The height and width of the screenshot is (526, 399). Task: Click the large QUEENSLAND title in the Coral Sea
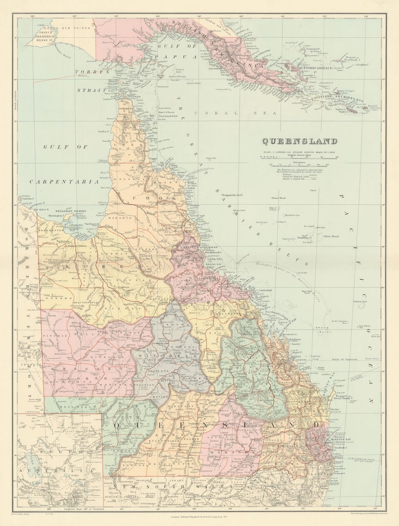[x=299, y=141]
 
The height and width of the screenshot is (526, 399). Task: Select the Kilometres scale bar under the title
[x=299, y=164]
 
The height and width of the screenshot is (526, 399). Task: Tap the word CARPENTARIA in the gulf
[x=64, y=182]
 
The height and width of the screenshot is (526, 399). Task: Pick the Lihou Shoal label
[x=331, y=236]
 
